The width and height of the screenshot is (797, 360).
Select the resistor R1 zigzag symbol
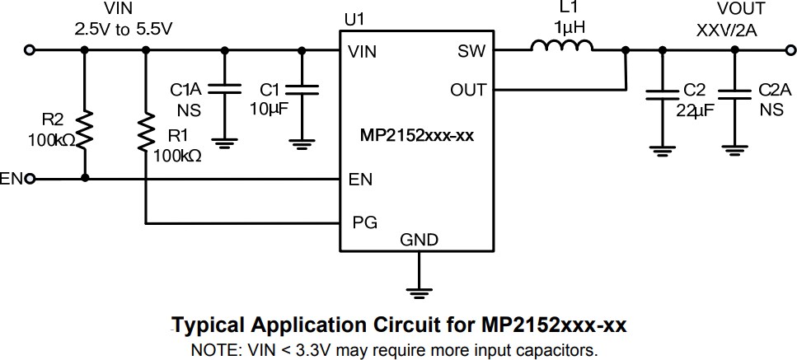click(x=146, y=132)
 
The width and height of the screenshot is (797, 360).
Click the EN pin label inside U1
click(x=360, y=179)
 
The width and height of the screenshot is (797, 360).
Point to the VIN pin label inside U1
click(x=363, y=51)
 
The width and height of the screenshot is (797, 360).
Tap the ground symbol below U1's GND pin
click(x=420, y=290)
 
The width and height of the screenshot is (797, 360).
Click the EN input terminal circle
click(x=30, y=179)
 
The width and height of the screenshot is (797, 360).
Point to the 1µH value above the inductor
click(x=569, y=27)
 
